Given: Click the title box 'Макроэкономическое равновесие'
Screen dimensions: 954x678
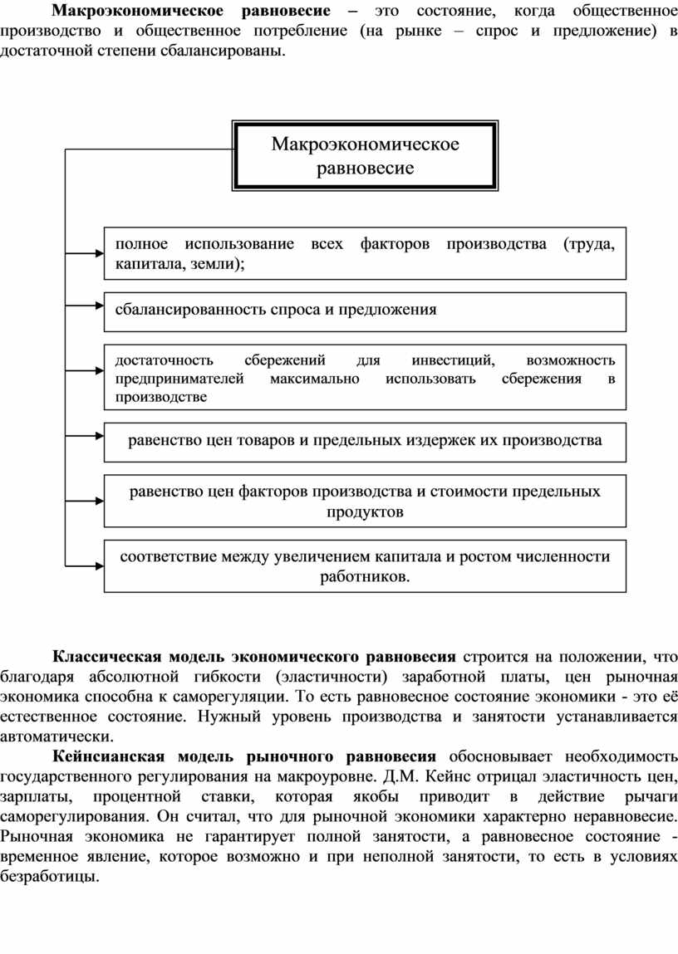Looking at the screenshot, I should pyautogui.click(x=366, y=156).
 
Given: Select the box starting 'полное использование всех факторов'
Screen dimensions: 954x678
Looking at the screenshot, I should pyautogui.click(x=365, y=253).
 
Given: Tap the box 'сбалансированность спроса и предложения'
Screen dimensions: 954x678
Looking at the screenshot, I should pyautogui.click(x=365, y=311).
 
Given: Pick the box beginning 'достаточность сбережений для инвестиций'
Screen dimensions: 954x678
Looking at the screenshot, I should pyautogui.click(x=365, y=378).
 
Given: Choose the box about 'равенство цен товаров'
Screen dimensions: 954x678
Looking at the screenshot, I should pyautogui.click(x=365, y=440).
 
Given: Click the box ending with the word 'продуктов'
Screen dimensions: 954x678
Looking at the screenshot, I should pyautogui.click(x=365, y=501).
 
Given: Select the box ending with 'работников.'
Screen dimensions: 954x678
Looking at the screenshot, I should pyautogui.click(x=365, y=566).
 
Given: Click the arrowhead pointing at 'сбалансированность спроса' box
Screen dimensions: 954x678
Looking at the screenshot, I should pyautogui.click(x=97, y=311).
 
